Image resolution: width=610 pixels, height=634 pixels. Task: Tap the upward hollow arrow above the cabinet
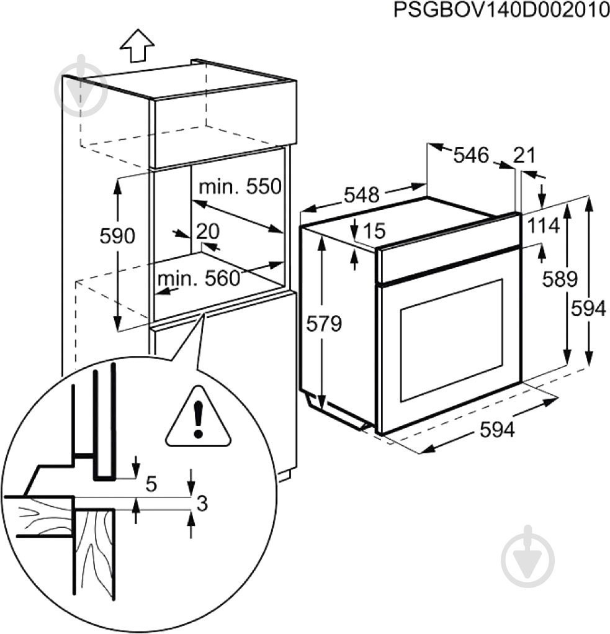(137, 46)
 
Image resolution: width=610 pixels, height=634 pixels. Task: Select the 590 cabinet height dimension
(117, 236)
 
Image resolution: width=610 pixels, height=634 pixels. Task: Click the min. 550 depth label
(240, 186)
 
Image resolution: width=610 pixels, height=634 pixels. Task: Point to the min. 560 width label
(198, 279)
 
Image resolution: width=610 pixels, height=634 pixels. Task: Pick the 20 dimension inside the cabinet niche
(208, 232)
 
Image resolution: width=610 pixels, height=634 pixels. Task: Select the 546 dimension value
(471, 155)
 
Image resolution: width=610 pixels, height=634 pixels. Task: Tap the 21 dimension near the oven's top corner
(524, 155)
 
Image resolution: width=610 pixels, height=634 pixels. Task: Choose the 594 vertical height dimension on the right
(588, 309)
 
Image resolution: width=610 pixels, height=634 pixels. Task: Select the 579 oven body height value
(323, 324)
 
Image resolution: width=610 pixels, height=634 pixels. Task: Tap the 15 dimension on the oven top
(372, 231)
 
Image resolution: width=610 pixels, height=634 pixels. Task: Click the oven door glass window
(451, 340)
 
